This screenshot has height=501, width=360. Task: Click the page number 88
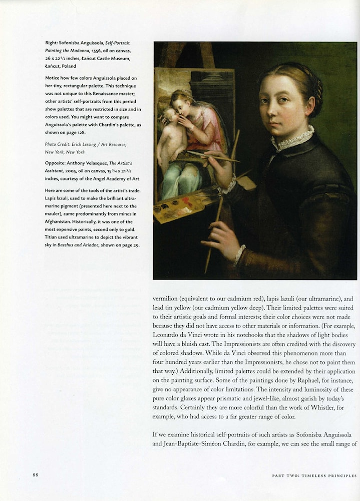(36, 475)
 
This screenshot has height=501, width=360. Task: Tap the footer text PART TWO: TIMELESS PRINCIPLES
(314, 475)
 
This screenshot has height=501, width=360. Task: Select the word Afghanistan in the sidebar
(62, 213)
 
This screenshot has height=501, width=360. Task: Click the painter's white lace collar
(292, 139)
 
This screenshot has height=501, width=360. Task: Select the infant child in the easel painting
(169, 135)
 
